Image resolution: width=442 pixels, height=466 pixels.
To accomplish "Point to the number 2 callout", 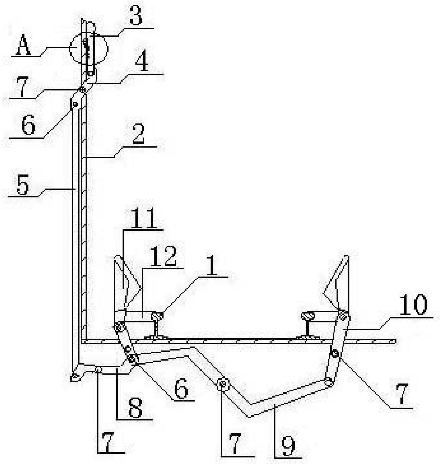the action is (x=138, y=136).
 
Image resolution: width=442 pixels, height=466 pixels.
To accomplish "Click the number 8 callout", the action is (x=135, y=408).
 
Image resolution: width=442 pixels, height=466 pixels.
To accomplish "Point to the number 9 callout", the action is (x=288, y=445).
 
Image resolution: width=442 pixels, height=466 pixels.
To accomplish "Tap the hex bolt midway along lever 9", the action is (x=222, y=384).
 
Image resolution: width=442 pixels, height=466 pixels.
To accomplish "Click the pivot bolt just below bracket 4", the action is (x=82, y=90).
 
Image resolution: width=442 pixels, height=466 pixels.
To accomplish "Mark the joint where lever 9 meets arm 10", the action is (x=329, y=382).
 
